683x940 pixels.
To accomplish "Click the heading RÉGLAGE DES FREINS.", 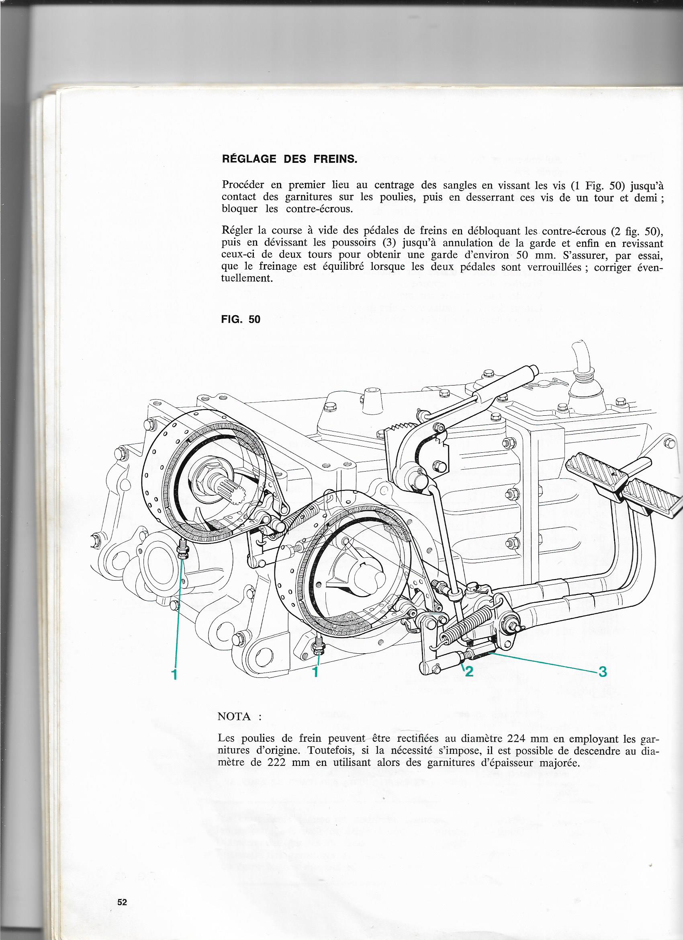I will [x=290, y=159].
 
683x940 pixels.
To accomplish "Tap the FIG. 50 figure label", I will [x=241, y=319].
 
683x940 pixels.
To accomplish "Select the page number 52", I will [x=122, y=879].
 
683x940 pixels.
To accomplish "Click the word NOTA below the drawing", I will [x=234, y=716].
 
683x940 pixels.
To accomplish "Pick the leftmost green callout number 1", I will [x=175, y=674].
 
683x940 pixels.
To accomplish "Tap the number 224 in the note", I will [x=514, y=739].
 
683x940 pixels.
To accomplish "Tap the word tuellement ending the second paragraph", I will [x=247, y=279].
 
